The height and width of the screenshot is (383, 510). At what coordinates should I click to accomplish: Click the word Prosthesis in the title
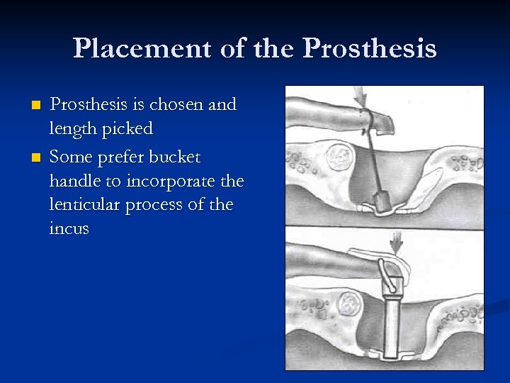coord(369,48)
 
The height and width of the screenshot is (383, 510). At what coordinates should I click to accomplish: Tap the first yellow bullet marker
coord(37,106)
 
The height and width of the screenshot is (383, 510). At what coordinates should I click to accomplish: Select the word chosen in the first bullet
coord(179,105)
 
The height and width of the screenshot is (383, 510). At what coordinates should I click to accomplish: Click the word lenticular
coord(84,206)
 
